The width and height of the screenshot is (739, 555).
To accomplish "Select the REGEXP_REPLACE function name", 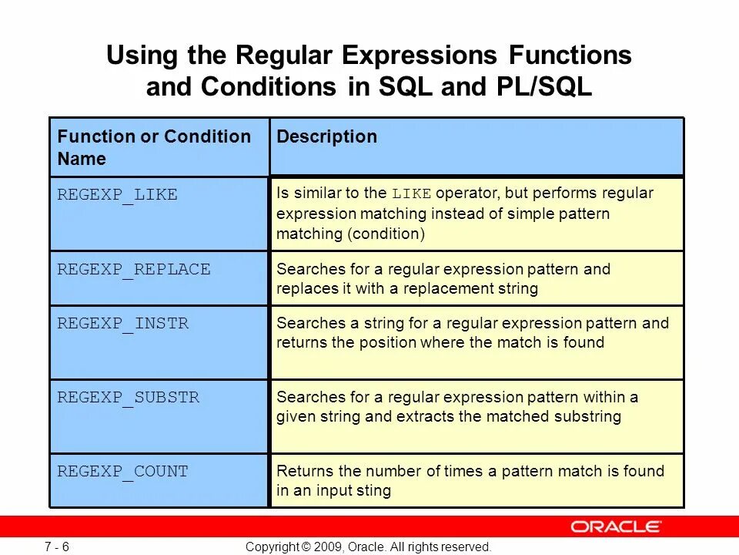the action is (x=134, y=270).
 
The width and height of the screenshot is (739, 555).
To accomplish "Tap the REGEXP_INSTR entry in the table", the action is (x=122, y=324).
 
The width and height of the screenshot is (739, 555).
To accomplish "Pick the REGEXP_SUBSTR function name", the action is (x=129, y=398).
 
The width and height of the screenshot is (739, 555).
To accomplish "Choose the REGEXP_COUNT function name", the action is (x=122, y=472).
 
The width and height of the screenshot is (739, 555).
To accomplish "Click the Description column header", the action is (x=326, y=137).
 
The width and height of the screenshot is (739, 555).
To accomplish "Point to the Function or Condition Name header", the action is (x=154, y=147).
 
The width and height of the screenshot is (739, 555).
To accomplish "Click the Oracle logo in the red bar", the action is (x=616, y=526).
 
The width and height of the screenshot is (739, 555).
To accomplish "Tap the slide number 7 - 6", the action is (x=57, y=547).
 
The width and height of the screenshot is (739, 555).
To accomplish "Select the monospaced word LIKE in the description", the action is (x=411, y=194).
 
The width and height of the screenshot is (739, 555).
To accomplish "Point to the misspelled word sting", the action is (x=374, y=491).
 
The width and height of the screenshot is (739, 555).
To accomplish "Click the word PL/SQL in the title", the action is (x=544, y=87).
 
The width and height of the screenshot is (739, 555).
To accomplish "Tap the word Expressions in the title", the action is (x=419, y=55).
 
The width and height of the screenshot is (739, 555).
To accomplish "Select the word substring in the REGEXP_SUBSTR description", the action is (x=587, y=417).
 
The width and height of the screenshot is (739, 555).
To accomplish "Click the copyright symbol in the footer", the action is (x=306, y=547).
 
